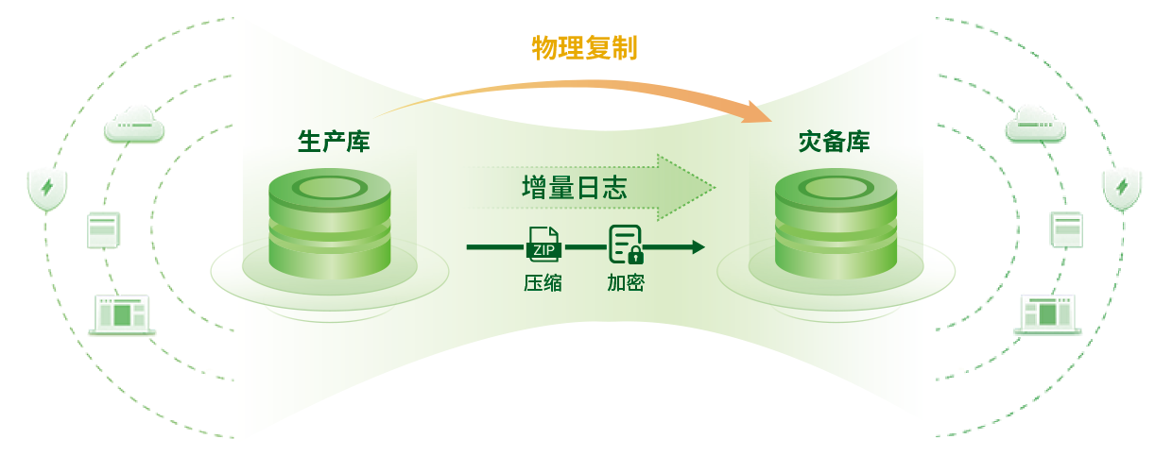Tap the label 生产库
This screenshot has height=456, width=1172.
tap(333, 142)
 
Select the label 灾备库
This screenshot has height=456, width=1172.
tap(834, 142)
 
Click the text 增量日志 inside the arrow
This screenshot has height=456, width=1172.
tap(574, 187)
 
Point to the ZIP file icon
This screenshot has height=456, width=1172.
tap(543, 245)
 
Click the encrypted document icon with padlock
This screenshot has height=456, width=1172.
tap(625, 245)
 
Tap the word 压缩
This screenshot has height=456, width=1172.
tap(543, 282)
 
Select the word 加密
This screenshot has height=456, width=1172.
tap(625, 282)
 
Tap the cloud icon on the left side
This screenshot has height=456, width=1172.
tap(134, 125)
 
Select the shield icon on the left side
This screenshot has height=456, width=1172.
tap(46, 189)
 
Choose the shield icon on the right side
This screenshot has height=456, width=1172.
tap(1122, 189)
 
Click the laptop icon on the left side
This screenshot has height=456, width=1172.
tap(122, 314)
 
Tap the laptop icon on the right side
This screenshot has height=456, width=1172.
tap(1046, 314)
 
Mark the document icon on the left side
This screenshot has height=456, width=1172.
tap(103, 229)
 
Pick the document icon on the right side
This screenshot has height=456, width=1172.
tap(1067, 229)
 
